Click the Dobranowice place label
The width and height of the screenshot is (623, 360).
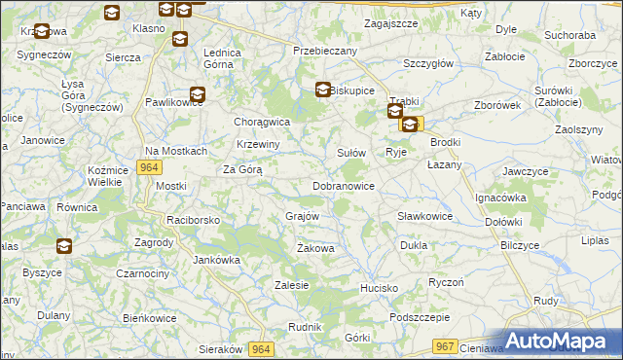coord(344,186)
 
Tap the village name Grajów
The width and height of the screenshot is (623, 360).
coord(303,216)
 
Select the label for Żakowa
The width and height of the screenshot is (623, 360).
coord(315,249)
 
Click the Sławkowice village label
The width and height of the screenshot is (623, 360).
coord(424,216)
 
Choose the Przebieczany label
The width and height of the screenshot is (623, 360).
coord(325,51)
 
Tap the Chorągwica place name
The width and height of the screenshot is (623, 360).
coord(263,123)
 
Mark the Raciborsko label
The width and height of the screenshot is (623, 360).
coord(193,221)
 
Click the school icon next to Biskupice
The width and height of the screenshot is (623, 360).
coord(323,90)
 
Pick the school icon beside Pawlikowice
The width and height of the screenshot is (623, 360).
coord(198,95)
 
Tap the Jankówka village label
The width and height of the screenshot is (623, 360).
coord(216,260)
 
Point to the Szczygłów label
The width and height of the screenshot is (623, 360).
coord(428,63)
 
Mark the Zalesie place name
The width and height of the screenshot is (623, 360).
coord(292,286)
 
